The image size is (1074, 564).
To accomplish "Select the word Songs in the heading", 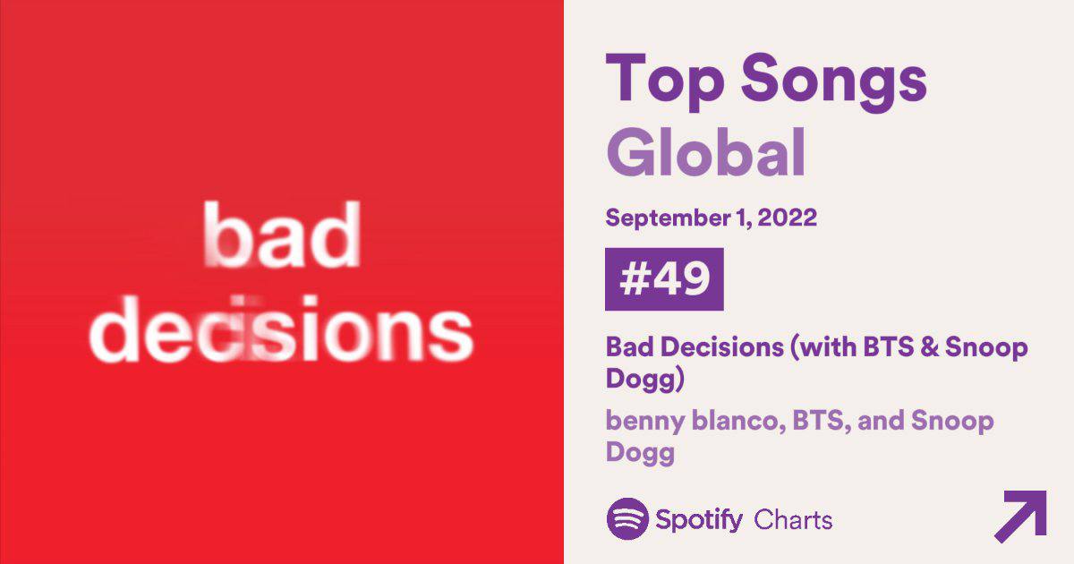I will coord(832,79).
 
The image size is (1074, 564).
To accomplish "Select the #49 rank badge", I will coord(664,279).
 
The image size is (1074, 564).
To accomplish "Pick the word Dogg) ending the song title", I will coord(645,380).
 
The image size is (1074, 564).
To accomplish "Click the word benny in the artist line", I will coord(638,421).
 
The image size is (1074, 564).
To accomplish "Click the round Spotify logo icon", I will coord(627,518).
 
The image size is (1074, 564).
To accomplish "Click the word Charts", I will coord(793,519).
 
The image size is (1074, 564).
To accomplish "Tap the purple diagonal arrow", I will coord(1020,516).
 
